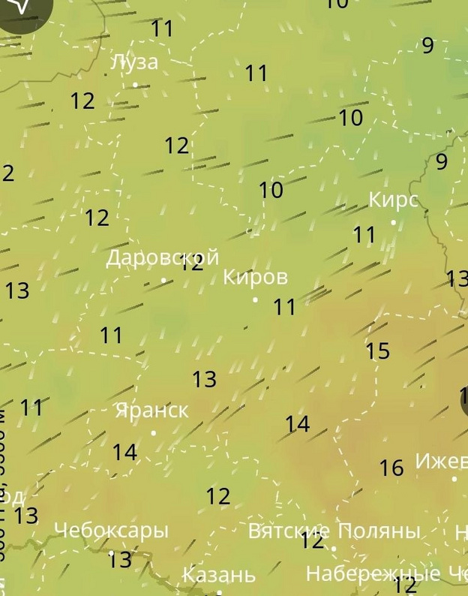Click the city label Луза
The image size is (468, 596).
[134, 62]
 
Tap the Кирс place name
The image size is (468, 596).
[393, 200]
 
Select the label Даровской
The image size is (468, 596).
[162, 258]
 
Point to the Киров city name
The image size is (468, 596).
[255, 277]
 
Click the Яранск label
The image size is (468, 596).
[151, 411]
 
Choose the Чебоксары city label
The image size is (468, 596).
[111, 531]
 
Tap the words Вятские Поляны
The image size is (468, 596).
[333, 531]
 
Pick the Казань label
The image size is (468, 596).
[219, 576]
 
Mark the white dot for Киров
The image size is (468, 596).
[255, 300]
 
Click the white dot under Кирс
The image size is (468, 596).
[393, 222]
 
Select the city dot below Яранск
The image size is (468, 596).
[154, 433]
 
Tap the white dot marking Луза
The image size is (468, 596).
[135, 85]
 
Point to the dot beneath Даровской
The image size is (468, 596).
[163, 280]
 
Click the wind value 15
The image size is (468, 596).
[378, 351]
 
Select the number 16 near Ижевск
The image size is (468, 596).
[391, 468]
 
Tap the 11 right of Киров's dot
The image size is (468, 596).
[284, 307]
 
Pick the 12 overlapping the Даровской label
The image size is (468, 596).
[192, 263]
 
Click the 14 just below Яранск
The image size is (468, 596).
[124, 453]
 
